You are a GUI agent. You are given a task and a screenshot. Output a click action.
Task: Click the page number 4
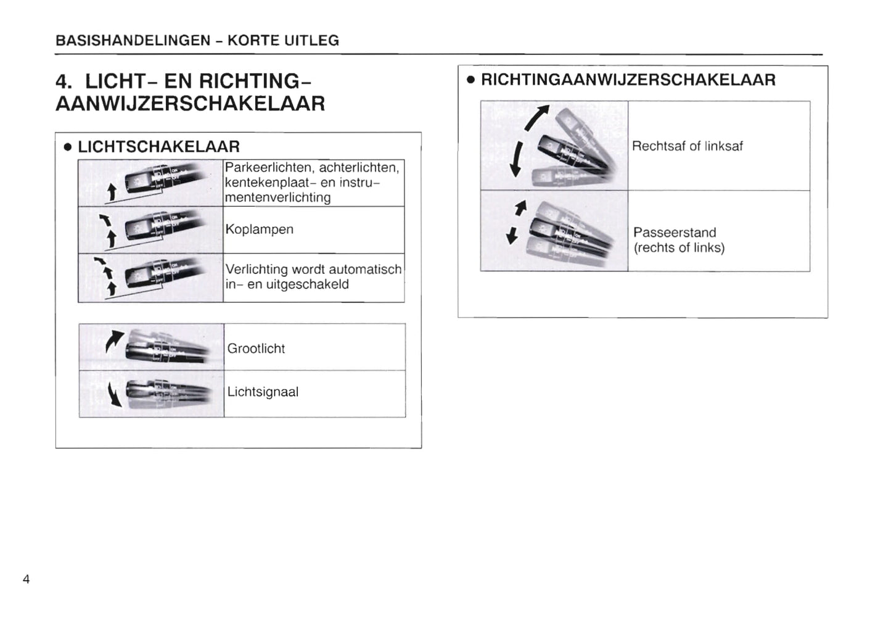[26, 579]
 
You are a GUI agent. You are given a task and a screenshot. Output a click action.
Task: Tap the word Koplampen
[259, 230]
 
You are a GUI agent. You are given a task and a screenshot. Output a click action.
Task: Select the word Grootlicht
[256, 349]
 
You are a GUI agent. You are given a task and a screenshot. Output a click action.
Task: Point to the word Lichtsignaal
[263, 392]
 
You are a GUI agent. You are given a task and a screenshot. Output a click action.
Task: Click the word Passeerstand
[675, 233]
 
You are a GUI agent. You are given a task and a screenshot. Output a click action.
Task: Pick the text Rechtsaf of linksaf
[687, 146]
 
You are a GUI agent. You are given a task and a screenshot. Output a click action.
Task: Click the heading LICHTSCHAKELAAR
[158, 147]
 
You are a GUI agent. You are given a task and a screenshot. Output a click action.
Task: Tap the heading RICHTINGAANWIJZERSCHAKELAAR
[628, 80]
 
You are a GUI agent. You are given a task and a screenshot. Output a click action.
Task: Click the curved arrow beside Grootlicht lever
[114, 341]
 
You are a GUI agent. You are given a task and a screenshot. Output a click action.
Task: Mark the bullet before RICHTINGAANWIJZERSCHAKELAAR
[470, 80]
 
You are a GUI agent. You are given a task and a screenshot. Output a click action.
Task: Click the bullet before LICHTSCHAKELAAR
[68, 147]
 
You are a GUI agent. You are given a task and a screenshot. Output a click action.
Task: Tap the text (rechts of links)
[679, 248]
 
